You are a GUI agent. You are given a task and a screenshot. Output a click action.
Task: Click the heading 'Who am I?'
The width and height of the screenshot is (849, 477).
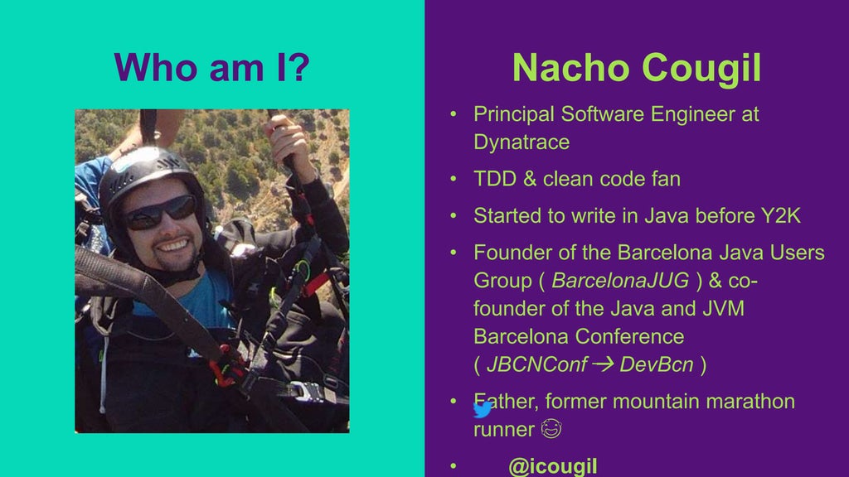click(211, 67)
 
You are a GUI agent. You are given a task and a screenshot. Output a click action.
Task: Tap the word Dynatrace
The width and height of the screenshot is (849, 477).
click(522, 142)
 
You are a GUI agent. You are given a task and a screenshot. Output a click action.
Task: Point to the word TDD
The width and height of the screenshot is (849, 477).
click(495, 178)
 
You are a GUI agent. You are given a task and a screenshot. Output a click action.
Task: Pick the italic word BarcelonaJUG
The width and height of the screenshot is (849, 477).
click(620, 280)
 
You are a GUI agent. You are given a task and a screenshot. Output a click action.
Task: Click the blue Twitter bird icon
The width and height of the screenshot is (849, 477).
click(483, 408)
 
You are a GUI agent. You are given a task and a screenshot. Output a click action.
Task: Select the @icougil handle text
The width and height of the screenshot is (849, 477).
click(552, 466)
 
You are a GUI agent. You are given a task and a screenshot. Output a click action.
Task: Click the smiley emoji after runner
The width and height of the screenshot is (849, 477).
click(550, 429)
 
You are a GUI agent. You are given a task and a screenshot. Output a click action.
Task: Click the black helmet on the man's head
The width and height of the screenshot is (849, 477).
click(149, 170)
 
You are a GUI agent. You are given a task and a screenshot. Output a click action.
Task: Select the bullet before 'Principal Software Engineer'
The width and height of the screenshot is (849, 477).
click(454, 114)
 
